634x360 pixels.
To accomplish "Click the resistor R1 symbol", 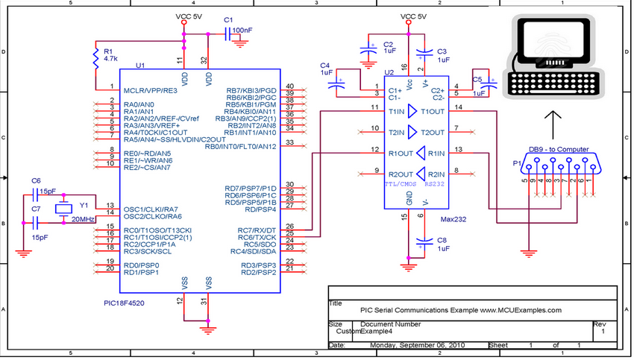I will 95,57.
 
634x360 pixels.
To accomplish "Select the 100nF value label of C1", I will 242,30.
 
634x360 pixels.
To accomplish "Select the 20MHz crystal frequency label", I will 83,220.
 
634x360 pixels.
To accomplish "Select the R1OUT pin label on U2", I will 401,154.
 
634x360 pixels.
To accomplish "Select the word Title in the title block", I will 336,303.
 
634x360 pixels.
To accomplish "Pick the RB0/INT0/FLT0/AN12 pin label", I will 240,146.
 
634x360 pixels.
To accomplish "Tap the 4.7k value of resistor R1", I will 110,58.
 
